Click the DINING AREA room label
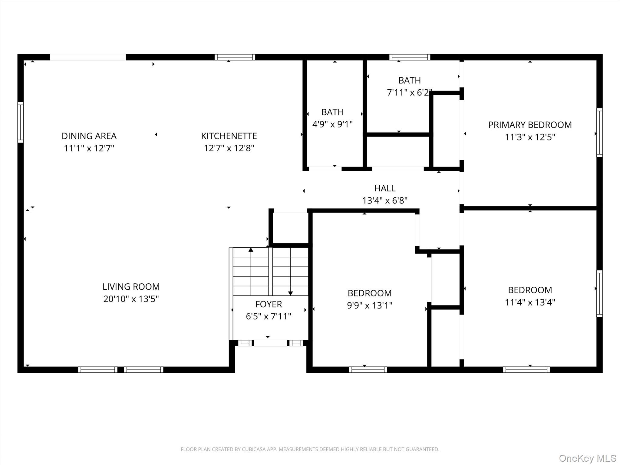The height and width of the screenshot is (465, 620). pos(89,136)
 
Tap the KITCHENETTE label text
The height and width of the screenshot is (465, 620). pos(229,136)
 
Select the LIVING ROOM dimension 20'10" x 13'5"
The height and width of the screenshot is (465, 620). pos(131,299)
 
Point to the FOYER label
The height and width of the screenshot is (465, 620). pos(269,304)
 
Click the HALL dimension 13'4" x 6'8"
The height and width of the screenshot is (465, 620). pos(385,200)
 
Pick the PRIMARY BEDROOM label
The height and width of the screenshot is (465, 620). pos(530,125)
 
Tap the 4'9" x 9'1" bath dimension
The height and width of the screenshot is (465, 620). pos(332,124)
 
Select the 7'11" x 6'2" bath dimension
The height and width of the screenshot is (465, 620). pos(409,92)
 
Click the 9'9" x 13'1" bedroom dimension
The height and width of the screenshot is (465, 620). pos(369,305)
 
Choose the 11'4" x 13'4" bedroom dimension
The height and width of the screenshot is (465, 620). pos(530,302)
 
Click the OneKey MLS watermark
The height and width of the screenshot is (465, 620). pos(588,458)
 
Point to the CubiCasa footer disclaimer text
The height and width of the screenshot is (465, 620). pos(310,449)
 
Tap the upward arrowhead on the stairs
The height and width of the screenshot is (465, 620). pos(251,250)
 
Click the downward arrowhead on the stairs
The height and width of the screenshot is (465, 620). pos(290,293)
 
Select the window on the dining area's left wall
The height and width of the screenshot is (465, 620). pos(21,122)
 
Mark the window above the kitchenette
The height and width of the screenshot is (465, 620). pos(235,57)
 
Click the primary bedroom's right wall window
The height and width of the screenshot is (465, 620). pos(599,133)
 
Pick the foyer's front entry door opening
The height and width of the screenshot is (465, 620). pos(270,343)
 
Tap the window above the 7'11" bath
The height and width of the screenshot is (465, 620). pos(410,57)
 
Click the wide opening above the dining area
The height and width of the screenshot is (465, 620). pos(88,57)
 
